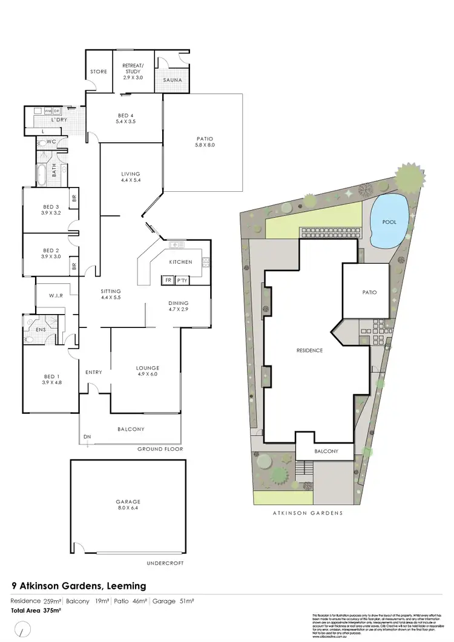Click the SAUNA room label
172,79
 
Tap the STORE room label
99,71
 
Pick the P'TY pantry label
182,280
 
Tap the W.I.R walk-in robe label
56,296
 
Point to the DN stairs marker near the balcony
87,437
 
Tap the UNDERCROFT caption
165,563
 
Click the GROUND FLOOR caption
160,449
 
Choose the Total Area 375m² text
36,611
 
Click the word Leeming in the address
127,586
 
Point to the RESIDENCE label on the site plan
309,350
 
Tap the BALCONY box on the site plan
326,451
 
